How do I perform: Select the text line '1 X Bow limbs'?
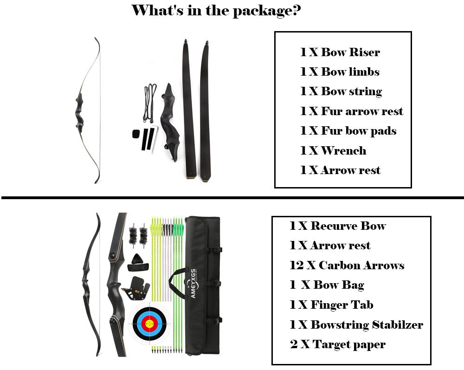coord(340,71)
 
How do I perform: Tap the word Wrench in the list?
coord(343,151)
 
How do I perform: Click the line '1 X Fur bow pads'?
coord(348,131)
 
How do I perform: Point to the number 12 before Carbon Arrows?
coord(296,265)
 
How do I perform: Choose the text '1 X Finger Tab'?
coord(331,305)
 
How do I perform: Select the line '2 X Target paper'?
coord(338,344)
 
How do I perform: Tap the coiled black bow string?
coord(150,103)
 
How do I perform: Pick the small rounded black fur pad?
coord(136,134)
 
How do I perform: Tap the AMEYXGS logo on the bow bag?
coord(193,284)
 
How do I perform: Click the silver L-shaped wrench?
coord(155,139)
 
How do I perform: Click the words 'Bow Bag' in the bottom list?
coord(339,285)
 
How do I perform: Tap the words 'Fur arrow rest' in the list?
coord(362,111)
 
